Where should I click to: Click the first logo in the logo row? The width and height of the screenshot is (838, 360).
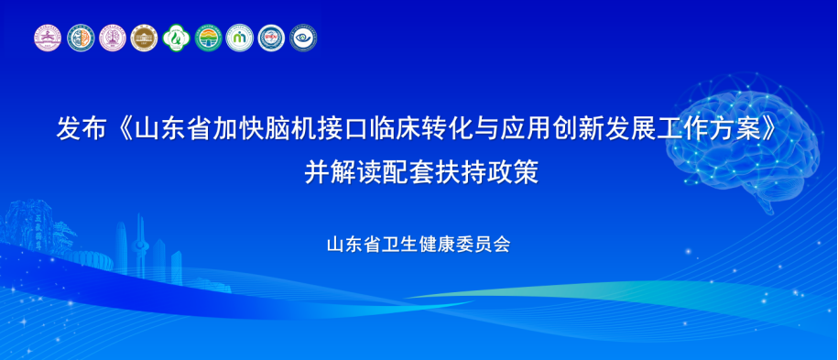[x=49, y=38]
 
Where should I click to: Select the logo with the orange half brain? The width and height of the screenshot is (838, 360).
[x=81, y=38]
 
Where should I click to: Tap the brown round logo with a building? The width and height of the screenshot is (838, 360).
[x=145, y=38]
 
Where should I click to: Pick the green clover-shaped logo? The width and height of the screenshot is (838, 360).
[x=177, y=38]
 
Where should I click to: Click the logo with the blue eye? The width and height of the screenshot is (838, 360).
[x=303, y=38]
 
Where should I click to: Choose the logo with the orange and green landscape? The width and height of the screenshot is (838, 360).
[x=209, y=38]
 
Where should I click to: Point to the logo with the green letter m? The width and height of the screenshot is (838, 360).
[x=239, y=38]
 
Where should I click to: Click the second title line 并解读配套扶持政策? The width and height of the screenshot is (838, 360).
[x=421, y=172]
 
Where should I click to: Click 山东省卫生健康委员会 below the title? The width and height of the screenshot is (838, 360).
[x=419, y=244]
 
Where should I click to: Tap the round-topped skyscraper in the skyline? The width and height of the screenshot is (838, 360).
[x=121, y=247]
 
